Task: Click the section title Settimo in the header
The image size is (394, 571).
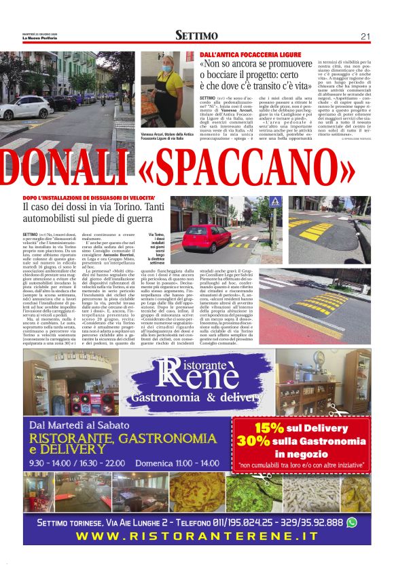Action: pos(196,36)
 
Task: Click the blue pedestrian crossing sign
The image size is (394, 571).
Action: pos(274,202)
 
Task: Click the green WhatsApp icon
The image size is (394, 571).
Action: pos(351,522)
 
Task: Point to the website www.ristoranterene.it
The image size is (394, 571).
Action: pos(196,536)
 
